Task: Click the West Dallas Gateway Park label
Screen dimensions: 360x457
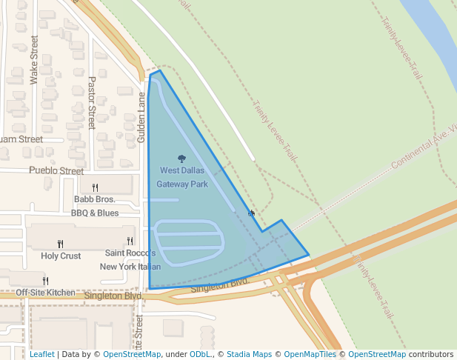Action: coord(182,177)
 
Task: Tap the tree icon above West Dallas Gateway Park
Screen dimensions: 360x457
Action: coord(182,159)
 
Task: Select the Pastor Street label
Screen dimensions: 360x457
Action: coord(92,102)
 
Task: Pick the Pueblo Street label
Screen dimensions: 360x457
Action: coord(56,170)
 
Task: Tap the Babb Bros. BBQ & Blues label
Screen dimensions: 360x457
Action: coord(95,206)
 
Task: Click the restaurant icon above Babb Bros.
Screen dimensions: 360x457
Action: coord(95,187)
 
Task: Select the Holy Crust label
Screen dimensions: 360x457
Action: coord(61,256)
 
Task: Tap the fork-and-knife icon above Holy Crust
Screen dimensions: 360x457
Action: coord(61,244)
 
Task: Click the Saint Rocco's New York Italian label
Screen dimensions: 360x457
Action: coord(130,259)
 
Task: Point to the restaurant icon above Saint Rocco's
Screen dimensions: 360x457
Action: coord(130,241)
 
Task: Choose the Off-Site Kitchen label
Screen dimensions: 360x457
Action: coord(45,293)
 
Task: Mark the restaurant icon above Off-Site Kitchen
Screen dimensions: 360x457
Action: coord(45,281)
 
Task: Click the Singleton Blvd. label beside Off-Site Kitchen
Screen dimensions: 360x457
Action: coord(113,296)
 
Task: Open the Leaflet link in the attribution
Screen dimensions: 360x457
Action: coord(42,354)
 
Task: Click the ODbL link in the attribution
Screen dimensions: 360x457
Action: coord(200,354)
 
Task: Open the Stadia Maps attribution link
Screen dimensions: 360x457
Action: coord(249,354)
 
